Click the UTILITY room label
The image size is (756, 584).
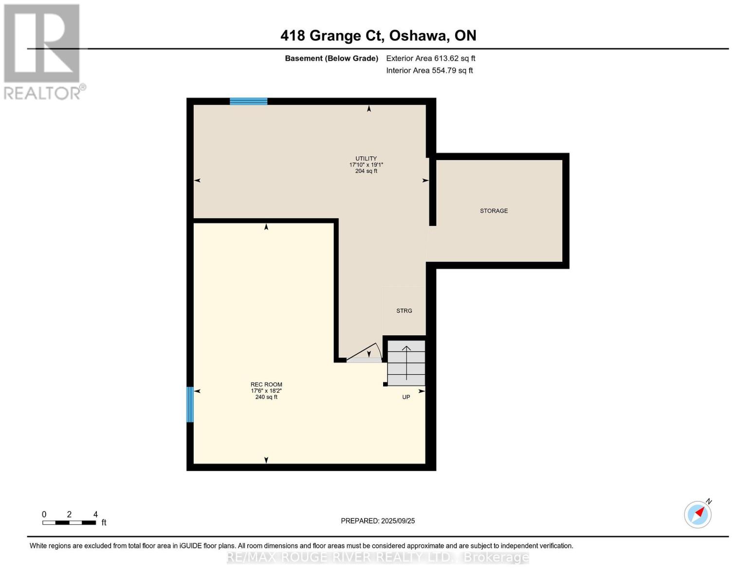tap(366, 159)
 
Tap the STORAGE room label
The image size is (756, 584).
tap(494, 211)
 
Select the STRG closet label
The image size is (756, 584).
tap(404, 310)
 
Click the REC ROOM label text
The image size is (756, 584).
tap(266, 384)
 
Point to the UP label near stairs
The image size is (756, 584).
tap(406, 397)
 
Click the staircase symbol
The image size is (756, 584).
tap(406, 363)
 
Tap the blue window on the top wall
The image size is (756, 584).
tap(248, 101)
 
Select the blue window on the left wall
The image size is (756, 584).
tap(190, 404)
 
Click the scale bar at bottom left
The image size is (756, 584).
tap(69, 522)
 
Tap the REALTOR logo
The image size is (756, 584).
tap(43, 52)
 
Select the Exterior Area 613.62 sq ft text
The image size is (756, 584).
tap(431, 58)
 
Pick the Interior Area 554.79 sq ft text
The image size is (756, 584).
tap(429, 71)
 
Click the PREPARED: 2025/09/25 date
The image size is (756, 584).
tap(378, 521)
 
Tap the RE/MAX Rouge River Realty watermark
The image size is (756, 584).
tap(378, 557)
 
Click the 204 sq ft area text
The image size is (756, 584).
tap(366, 171)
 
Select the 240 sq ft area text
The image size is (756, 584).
tap(266, 397)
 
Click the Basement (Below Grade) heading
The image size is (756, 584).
tap(332, 58)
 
